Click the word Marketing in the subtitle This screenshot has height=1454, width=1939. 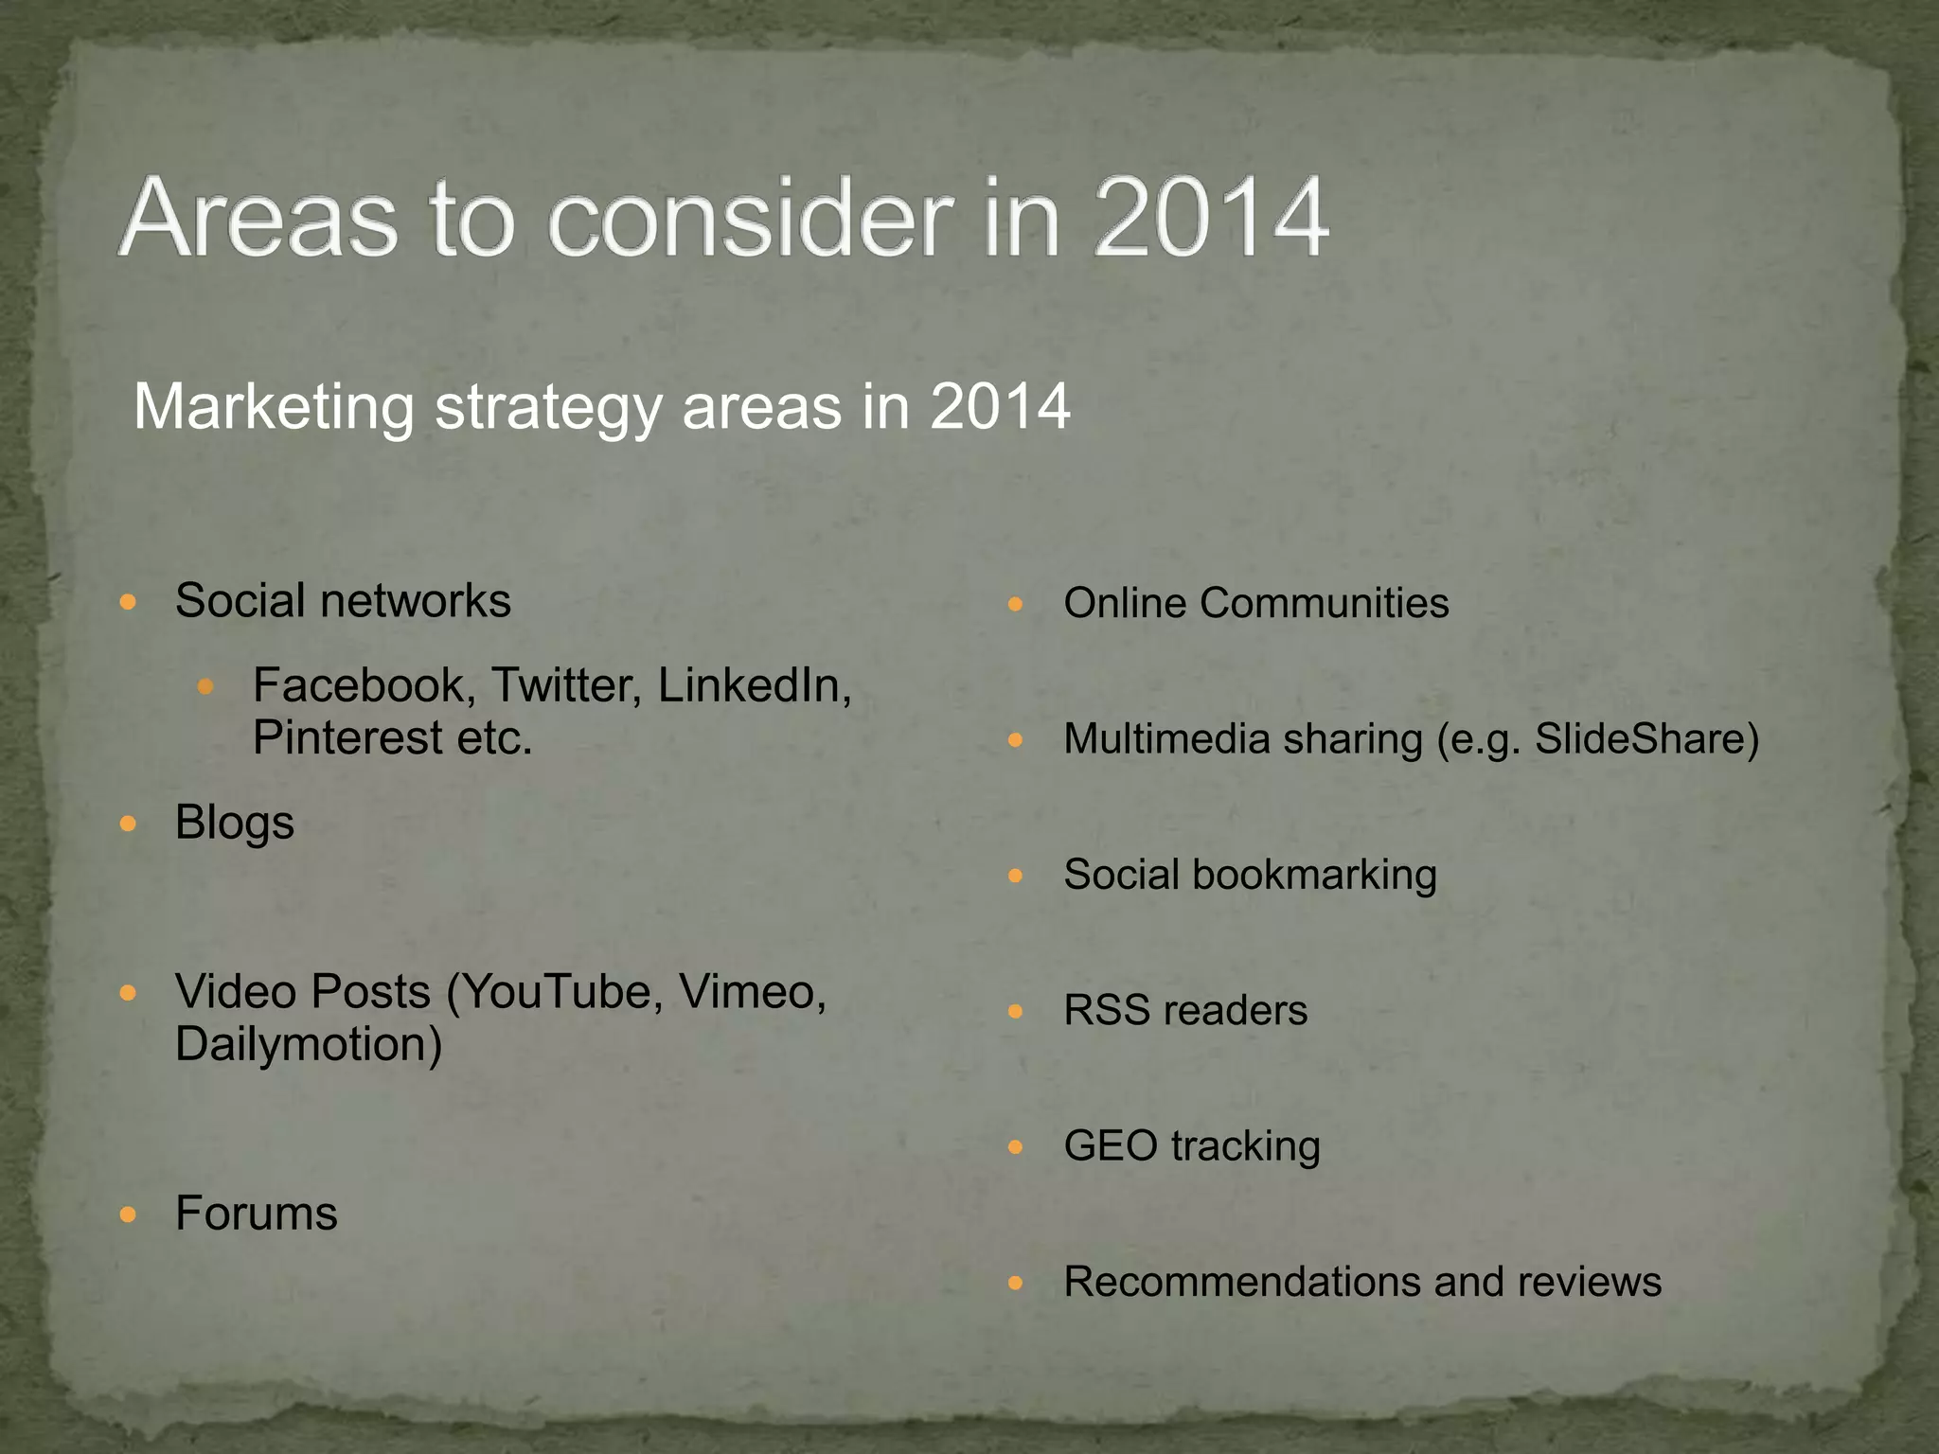click(274, 407)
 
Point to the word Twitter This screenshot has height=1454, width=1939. click(566, 684)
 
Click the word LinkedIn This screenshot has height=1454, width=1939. click(754, 684)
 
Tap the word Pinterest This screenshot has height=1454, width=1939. click(347, 737)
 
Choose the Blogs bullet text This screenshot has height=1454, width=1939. click(235, 823)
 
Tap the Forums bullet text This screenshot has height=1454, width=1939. click(257, 1214)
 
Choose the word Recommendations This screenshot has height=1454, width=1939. click(1241, 1282)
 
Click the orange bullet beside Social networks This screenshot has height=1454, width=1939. click(129, 602)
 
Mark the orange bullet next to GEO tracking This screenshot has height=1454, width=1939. click(1016, 1147)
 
